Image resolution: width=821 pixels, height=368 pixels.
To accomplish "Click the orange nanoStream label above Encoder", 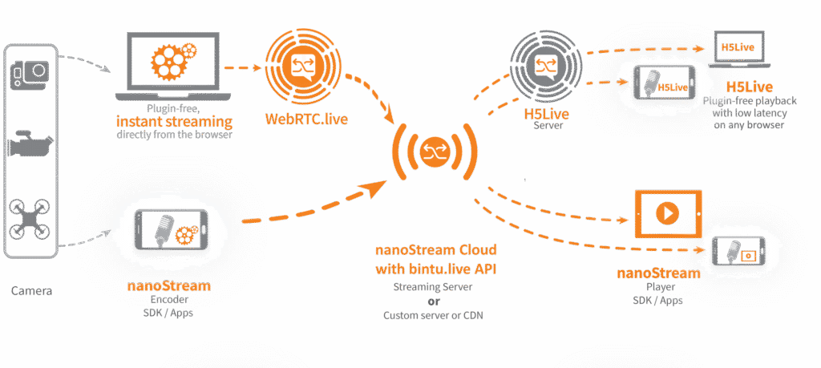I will click(x=161, y=286).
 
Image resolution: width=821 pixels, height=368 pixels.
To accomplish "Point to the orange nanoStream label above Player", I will click(x=658, y=273).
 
